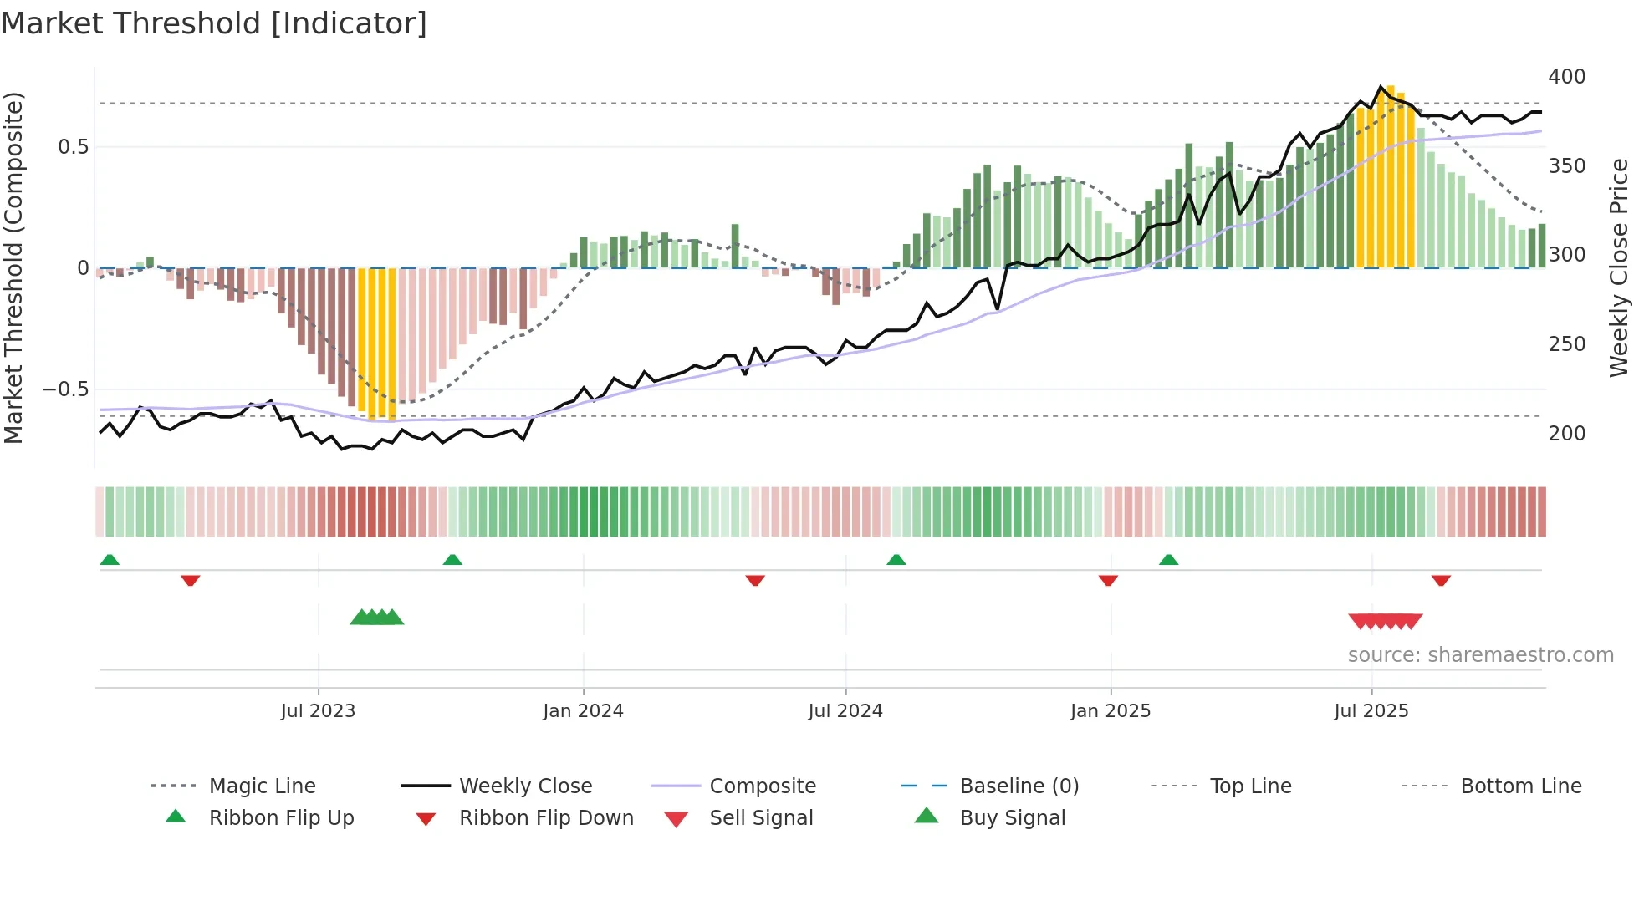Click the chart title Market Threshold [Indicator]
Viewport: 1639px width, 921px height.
point(214,23)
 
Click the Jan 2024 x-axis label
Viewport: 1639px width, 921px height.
point(583,711)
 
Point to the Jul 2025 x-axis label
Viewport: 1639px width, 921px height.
point(1371,711)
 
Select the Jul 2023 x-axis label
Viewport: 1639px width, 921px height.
point(318,711)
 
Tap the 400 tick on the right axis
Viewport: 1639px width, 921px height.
point(1566,77)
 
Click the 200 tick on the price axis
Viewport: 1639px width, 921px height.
point(1566,434)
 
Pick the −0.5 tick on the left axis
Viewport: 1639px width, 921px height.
point(65,389)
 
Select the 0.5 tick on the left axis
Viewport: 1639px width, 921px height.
point(73,147)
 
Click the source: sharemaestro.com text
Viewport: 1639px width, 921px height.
point(1480,655)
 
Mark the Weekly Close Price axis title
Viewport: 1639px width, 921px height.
point(1619,267)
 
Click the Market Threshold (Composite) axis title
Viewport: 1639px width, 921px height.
point(13,267)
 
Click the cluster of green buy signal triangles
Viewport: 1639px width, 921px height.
point(376,618)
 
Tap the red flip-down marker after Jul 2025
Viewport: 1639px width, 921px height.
point(1441,580)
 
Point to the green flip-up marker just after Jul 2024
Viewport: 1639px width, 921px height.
point(896,559)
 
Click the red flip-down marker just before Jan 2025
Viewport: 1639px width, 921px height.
point(1108,580)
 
